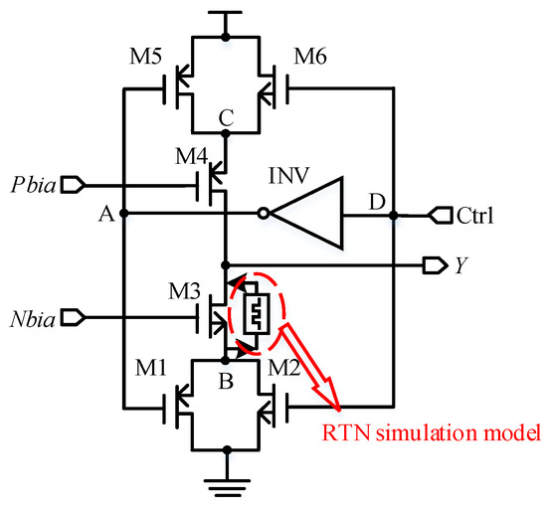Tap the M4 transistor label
click(193, 157)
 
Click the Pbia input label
click(31, 185)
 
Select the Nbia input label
click(31, 318)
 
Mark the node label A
click(105, 212)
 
